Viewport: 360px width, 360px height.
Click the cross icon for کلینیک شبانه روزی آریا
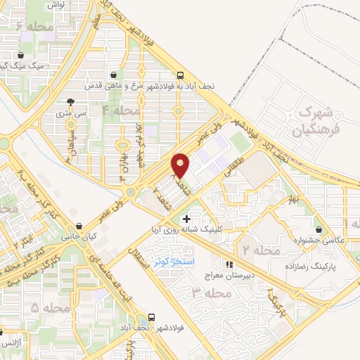tap(186, 220)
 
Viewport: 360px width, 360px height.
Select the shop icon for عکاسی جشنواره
tap(321, 230)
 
